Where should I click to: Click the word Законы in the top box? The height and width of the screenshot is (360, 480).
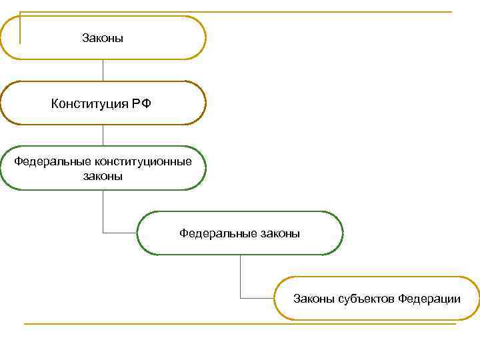pos(103,39)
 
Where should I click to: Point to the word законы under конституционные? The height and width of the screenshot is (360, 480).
pos(103,177)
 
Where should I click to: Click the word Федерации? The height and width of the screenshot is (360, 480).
pos(429,298)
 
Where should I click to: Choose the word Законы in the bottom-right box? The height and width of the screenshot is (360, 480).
pos(314,298)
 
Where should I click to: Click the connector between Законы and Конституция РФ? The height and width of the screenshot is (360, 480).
pos(103,70)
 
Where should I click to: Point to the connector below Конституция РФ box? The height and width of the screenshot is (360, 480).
pos(103,135)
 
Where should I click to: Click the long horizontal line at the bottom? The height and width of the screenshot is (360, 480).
pos(240,324)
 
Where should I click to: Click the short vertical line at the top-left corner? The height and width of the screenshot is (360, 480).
pos(20,27)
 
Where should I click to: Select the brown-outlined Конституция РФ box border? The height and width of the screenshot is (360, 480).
pos(103,82)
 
